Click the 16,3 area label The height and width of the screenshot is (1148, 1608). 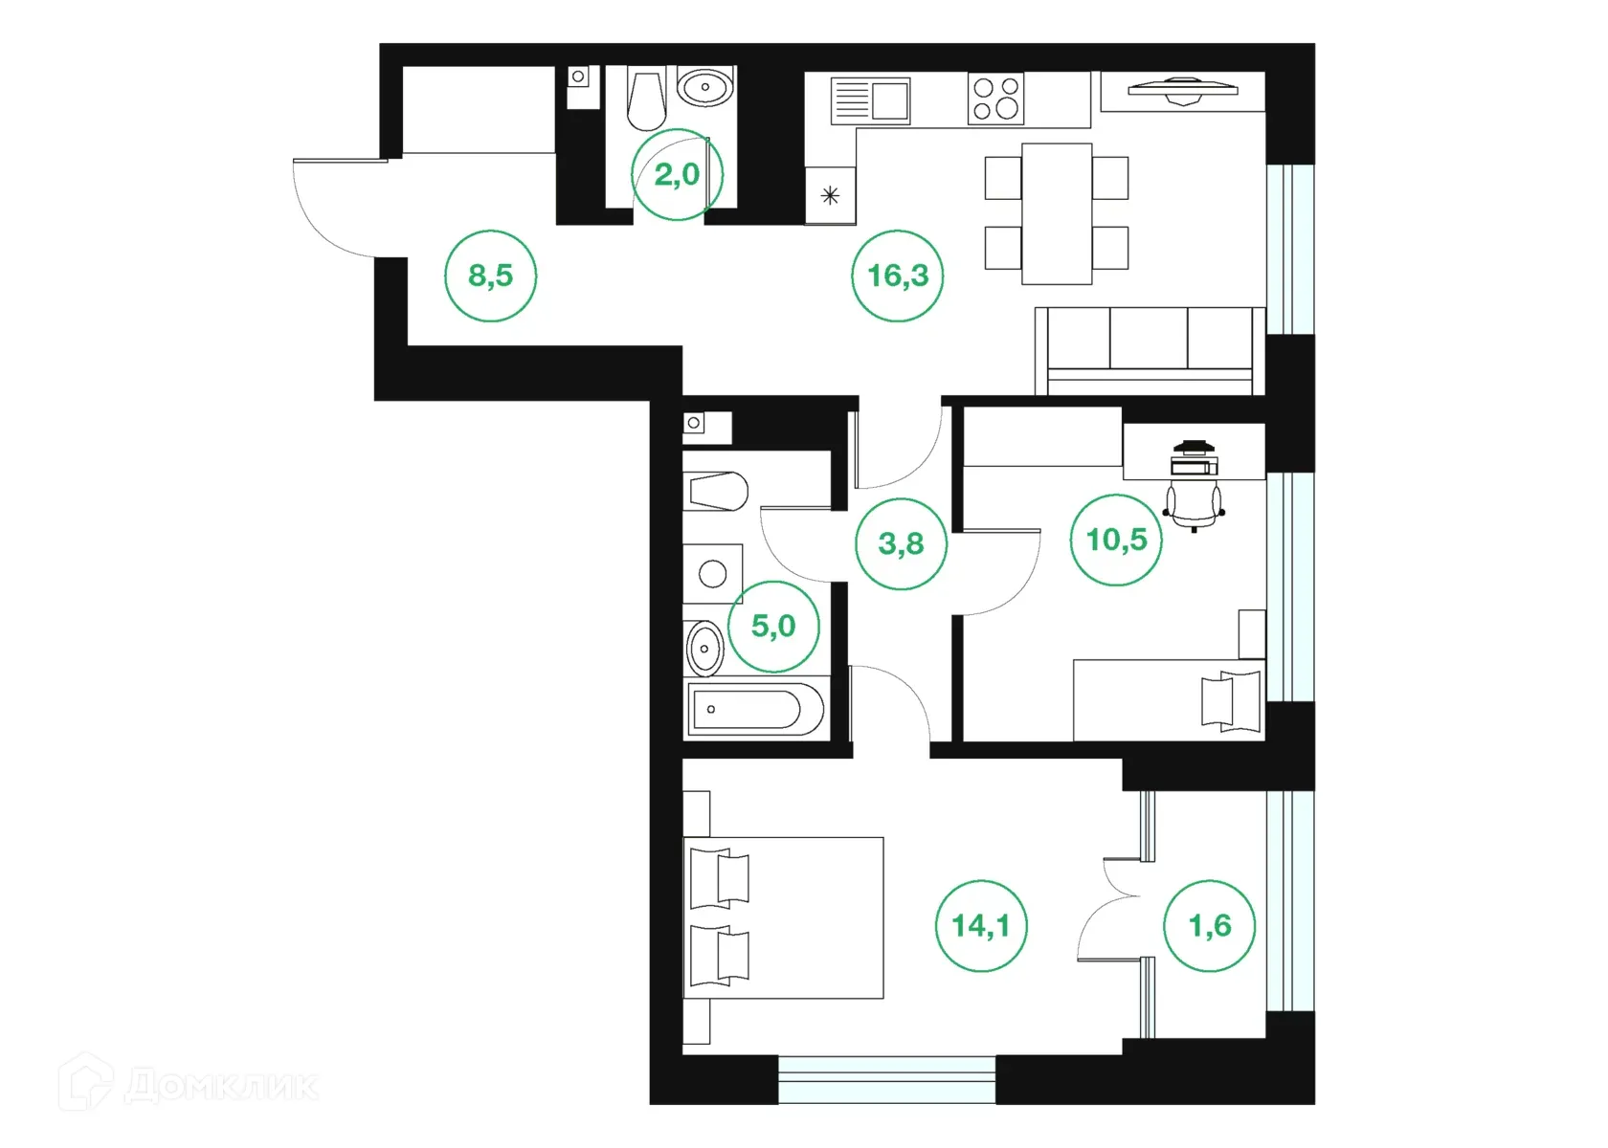[x=898, y=276]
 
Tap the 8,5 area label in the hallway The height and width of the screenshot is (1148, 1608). [x=490, y=276]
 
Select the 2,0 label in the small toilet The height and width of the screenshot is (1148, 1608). [x=677, y=175]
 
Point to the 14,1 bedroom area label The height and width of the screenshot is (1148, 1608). [x=981, y=925]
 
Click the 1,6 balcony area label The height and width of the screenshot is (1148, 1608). [x=1209, y=925]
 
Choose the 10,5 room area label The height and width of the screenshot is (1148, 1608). [x=1116, y=540]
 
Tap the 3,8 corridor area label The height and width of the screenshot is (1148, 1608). [x=901, y=543]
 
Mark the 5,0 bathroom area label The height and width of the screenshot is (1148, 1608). [x=773, y=626]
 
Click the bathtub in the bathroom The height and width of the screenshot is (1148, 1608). [x=755, y=709]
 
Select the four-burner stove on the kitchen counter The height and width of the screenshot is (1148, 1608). [x=995, y=99]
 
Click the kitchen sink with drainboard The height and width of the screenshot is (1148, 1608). [x=870, y=99]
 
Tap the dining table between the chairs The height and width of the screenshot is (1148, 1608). [x=1057, y=213]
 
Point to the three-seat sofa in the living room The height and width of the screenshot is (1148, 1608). [x=1150, y=350]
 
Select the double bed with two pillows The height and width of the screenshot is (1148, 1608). [x=783, y=917]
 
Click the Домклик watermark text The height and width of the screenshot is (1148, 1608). [x=220, y=1087]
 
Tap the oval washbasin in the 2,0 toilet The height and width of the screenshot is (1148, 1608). [x=705, y=88]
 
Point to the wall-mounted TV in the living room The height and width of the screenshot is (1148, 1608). [x=1182, y=90]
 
